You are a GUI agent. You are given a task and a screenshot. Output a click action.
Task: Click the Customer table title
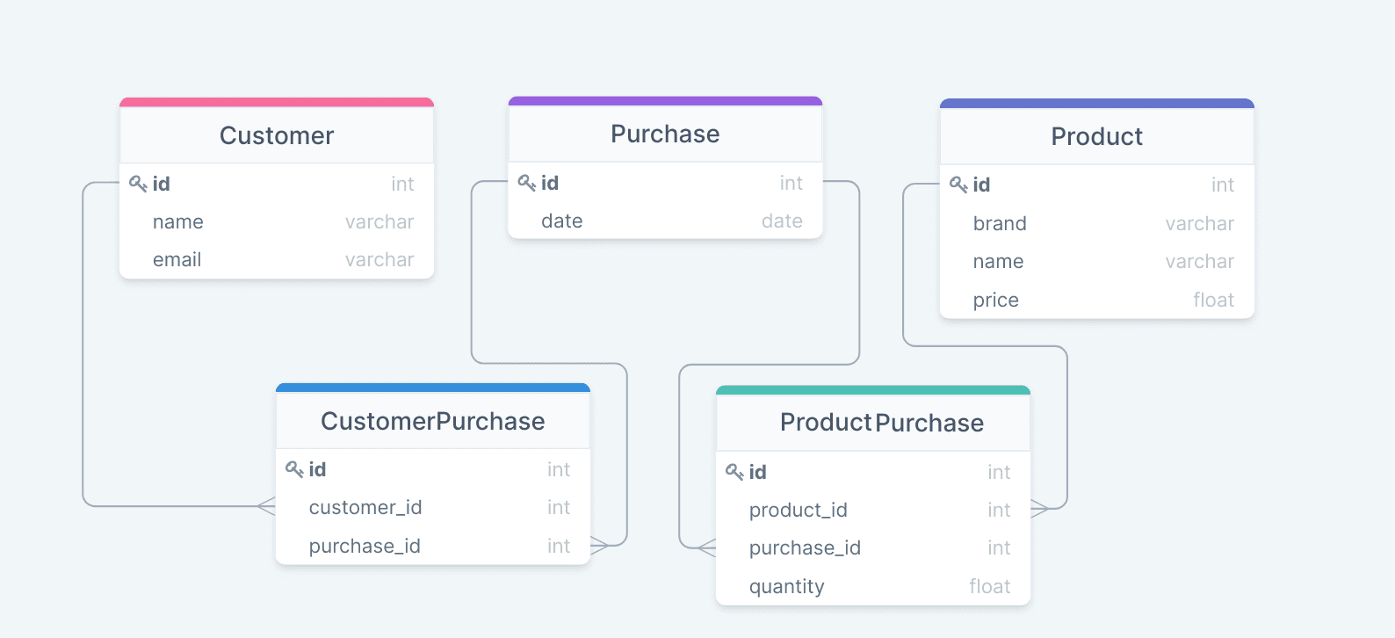point(277,136)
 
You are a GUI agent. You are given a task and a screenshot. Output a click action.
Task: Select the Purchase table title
point(665,134)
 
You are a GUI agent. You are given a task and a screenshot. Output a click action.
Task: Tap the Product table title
point(1096,136)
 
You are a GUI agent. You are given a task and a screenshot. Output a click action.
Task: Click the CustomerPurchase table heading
point(433,421)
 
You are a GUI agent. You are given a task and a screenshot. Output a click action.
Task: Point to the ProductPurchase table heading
point(882,423)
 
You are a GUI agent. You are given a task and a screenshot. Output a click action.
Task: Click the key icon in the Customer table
point(138,184)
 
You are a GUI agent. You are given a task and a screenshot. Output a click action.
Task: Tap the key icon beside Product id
point(958,185)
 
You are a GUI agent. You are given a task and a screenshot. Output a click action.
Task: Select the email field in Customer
point(177,260)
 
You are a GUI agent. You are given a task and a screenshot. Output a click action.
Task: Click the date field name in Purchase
point(561,221)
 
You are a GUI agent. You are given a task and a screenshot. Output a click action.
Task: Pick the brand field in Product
point(1000,224)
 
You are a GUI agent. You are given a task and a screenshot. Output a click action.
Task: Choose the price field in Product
point(996,301)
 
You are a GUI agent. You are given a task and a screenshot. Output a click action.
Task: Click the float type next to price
point(1214,301)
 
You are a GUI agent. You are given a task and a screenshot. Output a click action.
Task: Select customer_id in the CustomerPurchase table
point(365,508)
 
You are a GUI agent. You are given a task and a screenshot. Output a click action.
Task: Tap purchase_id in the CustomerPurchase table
point(365,547)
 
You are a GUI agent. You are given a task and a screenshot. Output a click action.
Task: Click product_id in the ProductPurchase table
point(799,511)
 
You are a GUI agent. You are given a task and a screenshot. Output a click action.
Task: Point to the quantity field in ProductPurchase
point(786,587)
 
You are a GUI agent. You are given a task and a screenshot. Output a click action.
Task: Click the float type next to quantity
point(989,587)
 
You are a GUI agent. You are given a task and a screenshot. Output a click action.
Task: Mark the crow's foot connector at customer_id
point(266,506)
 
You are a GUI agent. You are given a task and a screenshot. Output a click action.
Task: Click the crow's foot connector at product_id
point(1039,509)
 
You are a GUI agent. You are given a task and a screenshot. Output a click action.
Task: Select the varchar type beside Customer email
point(379,260)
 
